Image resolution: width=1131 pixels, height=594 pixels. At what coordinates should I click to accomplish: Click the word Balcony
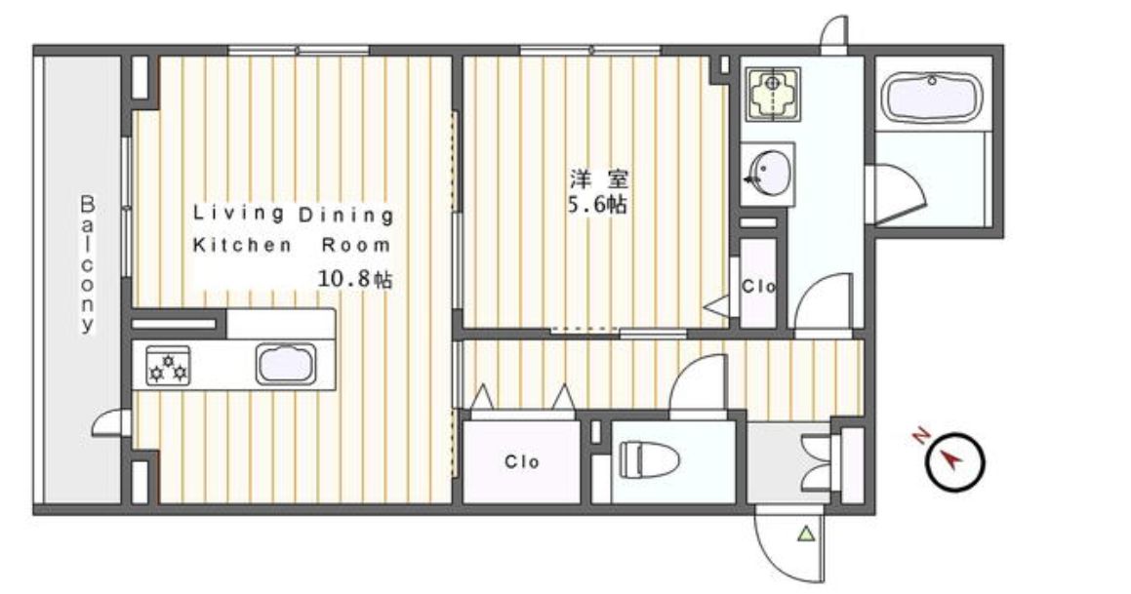[x=87, y=264]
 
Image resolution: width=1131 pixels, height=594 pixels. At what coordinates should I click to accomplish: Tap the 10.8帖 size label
[x=355, y=279]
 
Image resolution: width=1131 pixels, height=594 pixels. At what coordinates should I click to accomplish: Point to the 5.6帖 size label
[x=596, y=205]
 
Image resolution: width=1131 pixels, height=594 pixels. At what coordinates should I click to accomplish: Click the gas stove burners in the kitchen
[x=168, y=366]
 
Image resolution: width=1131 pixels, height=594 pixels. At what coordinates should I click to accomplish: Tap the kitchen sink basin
[x=286, y=364]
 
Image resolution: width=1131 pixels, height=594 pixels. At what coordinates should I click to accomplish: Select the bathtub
[x=931, y=99]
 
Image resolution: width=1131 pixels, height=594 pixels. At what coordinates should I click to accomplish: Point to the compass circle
[x=954, y=461]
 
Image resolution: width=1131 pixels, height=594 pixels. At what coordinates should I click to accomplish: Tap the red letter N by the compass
[x=920, y=436]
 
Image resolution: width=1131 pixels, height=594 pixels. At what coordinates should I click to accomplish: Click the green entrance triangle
[x=806, y=535]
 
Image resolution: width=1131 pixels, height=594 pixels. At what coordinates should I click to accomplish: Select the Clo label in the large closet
[x=521, y=461]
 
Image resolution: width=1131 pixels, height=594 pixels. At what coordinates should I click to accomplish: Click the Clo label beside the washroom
[x=758, y=286]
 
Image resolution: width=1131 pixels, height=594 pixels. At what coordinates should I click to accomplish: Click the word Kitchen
[x=242, y=245]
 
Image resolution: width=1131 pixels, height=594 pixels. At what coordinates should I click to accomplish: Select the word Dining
[x=346, y=216]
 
